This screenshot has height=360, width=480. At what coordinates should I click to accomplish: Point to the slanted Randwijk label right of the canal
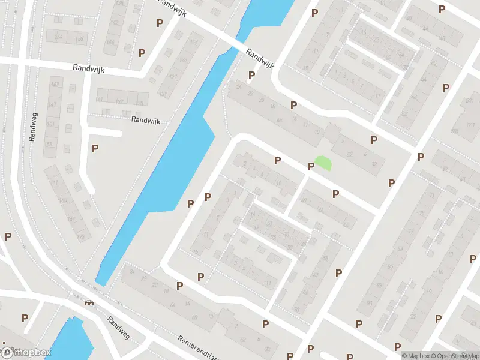(260, 59)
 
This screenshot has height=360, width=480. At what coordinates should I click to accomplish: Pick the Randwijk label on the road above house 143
(89, 70)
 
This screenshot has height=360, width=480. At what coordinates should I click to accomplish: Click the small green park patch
(323, 162)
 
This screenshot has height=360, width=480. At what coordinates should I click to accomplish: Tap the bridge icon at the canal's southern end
(89, 302)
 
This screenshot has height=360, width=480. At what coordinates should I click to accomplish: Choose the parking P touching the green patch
(311, 166)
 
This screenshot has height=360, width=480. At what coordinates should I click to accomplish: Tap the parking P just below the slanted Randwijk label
(251, 76)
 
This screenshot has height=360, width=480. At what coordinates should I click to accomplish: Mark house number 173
(83, 238)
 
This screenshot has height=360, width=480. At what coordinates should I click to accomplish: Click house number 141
(100, 99)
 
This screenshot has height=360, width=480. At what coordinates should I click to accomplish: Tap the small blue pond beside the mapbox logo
(72, 340)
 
